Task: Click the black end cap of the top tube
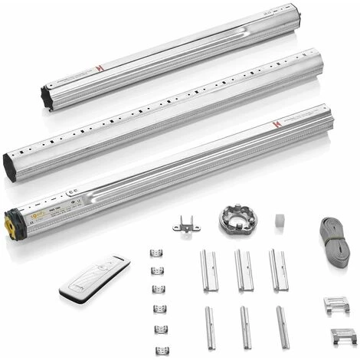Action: click(47, 98)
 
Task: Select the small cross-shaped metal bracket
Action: click(185, 225)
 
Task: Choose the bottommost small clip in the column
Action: click(162, 351)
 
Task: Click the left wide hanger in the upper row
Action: click(209, 270)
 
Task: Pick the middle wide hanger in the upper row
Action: click(244, 270)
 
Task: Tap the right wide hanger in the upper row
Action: click(278, 270)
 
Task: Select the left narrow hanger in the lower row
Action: click(210, 328)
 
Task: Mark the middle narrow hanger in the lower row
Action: click(245, 327)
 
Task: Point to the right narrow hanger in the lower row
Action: click(282, 327)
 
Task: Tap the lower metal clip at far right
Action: click(344, 335)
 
